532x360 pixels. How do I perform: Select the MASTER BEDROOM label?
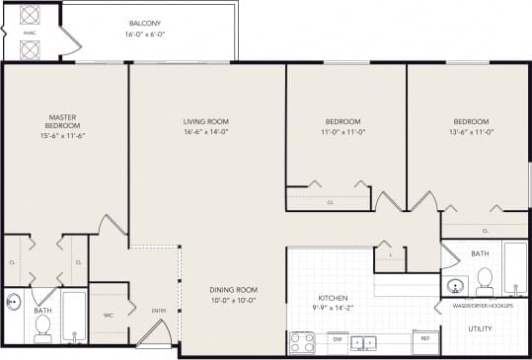point(62,121)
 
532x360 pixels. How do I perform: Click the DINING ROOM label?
point(233,290)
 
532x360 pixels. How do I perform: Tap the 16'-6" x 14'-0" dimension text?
point(206,131)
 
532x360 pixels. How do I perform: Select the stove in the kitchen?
point(301,342)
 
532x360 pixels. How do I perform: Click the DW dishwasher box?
point(337,338)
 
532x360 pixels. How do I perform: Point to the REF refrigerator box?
point(425,338)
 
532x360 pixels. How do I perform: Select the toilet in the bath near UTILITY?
point(484,281)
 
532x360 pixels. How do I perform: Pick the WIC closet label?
point(109,316)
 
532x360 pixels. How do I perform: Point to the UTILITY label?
point(481,328)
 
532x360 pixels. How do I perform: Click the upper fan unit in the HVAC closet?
point(29,15)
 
